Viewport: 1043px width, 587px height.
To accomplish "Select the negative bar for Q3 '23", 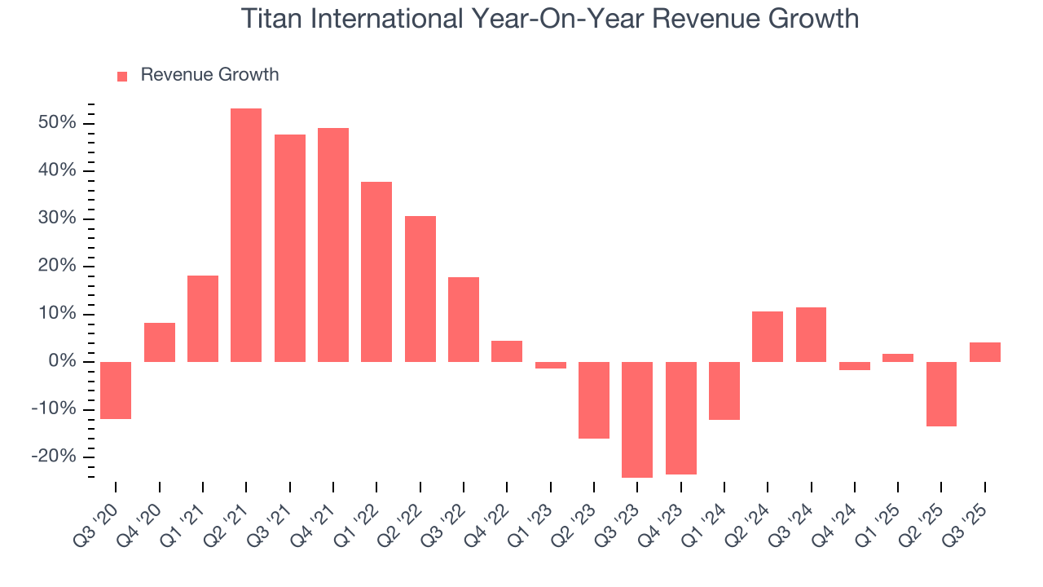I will [x=637, y=419].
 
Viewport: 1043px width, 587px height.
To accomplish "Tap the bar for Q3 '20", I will [x=116, y=390].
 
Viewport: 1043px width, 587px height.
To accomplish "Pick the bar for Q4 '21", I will [x=333, y=245].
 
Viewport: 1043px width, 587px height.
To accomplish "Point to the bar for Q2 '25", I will [x=941, y=394].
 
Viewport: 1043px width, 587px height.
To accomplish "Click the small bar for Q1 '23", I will [x=551, y=365].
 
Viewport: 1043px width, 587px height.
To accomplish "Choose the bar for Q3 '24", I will [x=811, y=334].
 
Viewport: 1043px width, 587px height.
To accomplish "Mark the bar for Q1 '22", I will [x=376, y=271].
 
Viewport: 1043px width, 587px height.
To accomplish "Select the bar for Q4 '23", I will [x=681, y=417].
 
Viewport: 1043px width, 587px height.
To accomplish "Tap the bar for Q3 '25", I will [x=984, y=352].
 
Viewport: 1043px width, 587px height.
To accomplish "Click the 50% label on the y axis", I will [x=57, y=123].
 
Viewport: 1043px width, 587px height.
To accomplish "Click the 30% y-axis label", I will [x=57, y=218].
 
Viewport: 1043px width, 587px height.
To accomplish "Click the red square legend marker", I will [x=122, y=76].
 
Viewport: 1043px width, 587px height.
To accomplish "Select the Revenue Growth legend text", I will [x=209, y=75].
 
